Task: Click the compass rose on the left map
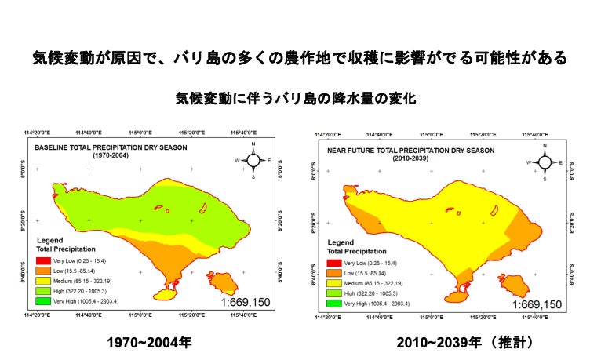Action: pyautogui.click(x=254, y=161)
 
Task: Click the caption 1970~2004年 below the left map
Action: pyautogui.click(x=149, y=343)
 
